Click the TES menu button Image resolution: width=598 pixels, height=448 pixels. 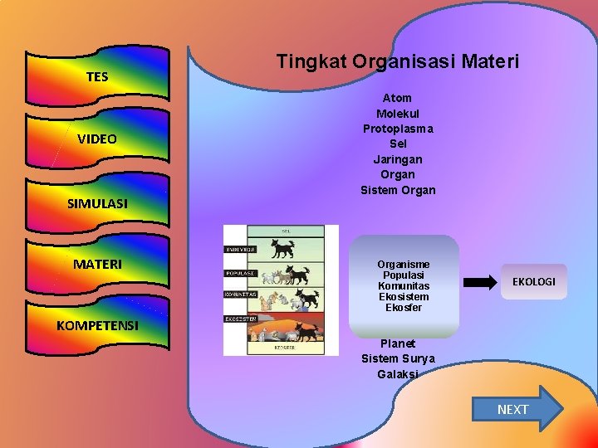[x=97, y=76]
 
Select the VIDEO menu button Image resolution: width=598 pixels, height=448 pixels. [x=97, y=139]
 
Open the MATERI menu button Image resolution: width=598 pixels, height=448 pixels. [x=97, y=264]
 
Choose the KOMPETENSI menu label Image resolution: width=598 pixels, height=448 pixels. [x=97, y=325]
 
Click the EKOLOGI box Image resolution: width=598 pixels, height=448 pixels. [x=533, y=282]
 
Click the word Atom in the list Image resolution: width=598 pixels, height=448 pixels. [x=397, y=98]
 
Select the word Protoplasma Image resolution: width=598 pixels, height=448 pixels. [x=397, y=129]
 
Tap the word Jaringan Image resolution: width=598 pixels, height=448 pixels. [x=397, y=159]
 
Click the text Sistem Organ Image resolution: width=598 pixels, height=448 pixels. [x=397, y=190]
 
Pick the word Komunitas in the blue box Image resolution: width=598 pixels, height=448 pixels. [x=404, y=285]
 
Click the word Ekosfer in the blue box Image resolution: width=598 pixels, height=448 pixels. [x=404, y=308]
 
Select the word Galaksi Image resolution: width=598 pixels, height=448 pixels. [x=397, y=374]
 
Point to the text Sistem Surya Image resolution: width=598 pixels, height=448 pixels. [x=397, y=358]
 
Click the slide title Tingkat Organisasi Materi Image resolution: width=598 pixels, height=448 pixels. [x=397, y=61]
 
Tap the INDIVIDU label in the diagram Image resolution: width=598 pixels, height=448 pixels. [x=240, y=249]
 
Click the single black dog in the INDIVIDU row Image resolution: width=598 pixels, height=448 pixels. [x=285, y=248]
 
